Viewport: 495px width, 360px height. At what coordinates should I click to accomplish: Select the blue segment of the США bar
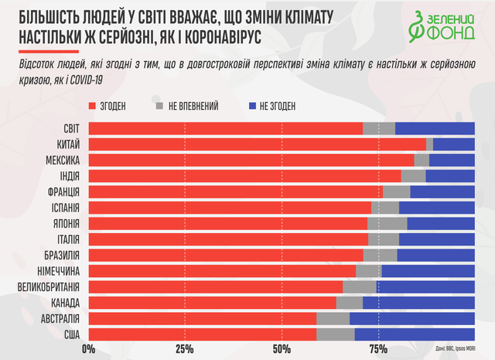click(x=414, y=334)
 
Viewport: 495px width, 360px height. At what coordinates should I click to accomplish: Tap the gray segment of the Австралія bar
click(x=333, y=319)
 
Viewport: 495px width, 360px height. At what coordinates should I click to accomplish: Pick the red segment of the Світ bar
click(x=226, y=129)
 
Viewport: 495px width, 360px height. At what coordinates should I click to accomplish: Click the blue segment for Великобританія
click(x=425, y=286)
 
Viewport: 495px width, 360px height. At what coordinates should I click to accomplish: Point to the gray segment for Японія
click(x=387, y=224)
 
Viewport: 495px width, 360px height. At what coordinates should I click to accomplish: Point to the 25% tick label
click(x=185, y=350)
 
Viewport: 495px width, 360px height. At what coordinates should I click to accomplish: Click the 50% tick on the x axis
click(x=282, y=350)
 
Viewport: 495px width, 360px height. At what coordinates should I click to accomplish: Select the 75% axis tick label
click(x=378, y=350)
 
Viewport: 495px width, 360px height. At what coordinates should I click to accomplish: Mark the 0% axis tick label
click(x=87, y=350)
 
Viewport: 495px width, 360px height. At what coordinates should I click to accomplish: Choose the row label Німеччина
click(x=53, y=271)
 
